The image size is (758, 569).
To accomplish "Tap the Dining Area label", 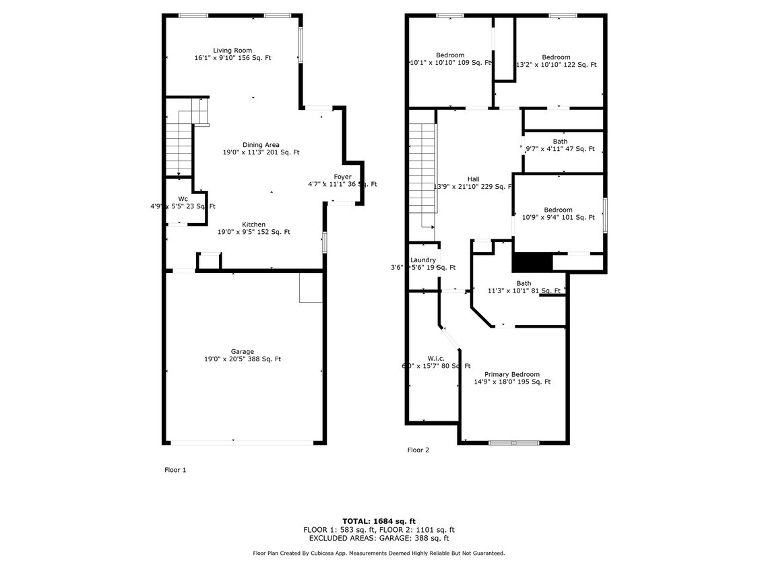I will [261, 145].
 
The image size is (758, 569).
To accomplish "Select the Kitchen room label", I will [254, 224].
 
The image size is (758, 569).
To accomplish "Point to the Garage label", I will [243, 351].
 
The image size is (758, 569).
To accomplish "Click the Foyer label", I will [342, 177].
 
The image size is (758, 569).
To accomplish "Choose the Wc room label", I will [183, 199].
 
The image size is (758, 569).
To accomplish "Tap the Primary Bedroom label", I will [511, 374].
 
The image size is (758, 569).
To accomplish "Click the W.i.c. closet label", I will [436, 359].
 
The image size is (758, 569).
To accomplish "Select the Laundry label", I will [423, 260].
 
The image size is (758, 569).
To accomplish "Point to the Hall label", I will [473, 179].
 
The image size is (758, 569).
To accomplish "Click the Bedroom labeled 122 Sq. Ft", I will [556, 57].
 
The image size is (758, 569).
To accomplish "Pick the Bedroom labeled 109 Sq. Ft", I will [450, 55].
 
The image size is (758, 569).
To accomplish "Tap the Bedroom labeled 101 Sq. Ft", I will [558, 210].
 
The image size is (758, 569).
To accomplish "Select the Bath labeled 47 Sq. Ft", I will [559, 142].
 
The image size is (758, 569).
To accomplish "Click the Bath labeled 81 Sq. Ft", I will [524, 283].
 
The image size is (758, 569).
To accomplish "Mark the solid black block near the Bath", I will [532, 262].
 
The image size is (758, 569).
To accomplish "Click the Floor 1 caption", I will [175, 470].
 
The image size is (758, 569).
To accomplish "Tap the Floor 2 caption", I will [418, 450].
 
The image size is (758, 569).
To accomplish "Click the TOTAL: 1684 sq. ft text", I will [379, 521].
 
